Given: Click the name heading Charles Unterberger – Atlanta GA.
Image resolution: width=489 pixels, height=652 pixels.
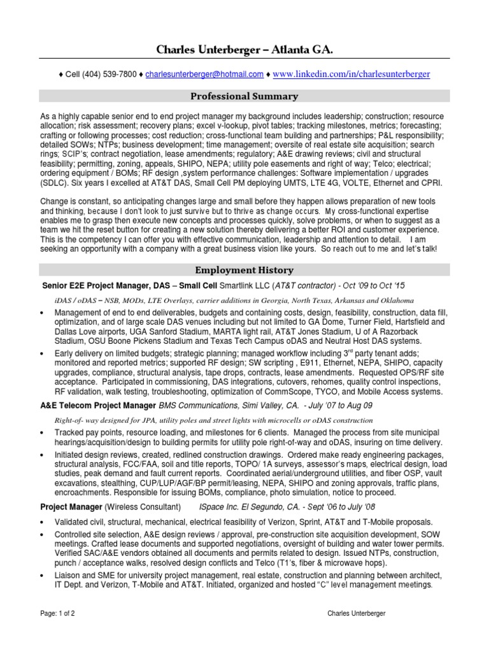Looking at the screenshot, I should [244, 50].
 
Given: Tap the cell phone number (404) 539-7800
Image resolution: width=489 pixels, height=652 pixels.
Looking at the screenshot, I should [108, 74].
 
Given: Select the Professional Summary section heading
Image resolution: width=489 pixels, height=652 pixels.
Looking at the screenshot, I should [244, 96].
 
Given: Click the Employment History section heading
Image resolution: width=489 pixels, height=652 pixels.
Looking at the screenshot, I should [244, 270].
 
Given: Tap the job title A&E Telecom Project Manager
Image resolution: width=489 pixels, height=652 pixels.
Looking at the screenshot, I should [98, 405].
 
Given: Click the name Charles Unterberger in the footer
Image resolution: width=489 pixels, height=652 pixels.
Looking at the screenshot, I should [355, 613].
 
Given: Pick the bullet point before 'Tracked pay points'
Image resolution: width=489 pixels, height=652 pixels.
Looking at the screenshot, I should [42, 432].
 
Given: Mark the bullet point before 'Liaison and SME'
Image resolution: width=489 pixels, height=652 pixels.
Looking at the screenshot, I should [42, 576].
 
